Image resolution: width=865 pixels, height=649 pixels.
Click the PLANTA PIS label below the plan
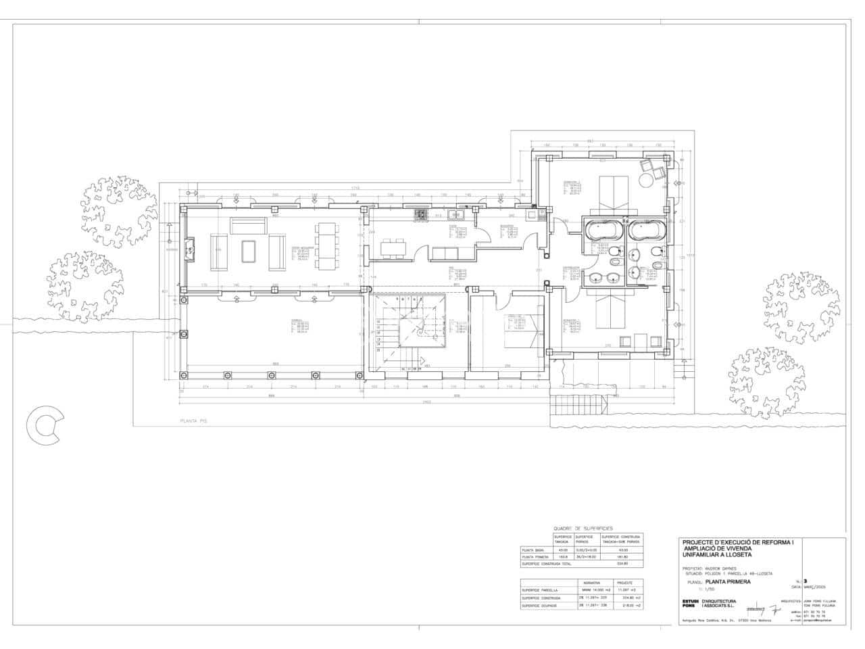pyautogui.click(x=193, y=420)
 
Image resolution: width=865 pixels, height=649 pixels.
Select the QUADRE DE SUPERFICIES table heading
pyautogui.click(x=583, y=527)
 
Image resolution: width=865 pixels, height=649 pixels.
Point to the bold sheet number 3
pyautogui.click(x=806, y=581)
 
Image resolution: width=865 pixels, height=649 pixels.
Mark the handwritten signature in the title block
pyautogui.click(x=764, y=608)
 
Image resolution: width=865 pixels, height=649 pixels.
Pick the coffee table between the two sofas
pyautogui.click(x=249, y=251)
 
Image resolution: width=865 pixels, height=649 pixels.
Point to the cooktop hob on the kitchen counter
pyautogui.click(x=420, y=215)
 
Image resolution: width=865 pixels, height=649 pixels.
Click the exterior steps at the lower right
pyautogui.click(x=580, y=405)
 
